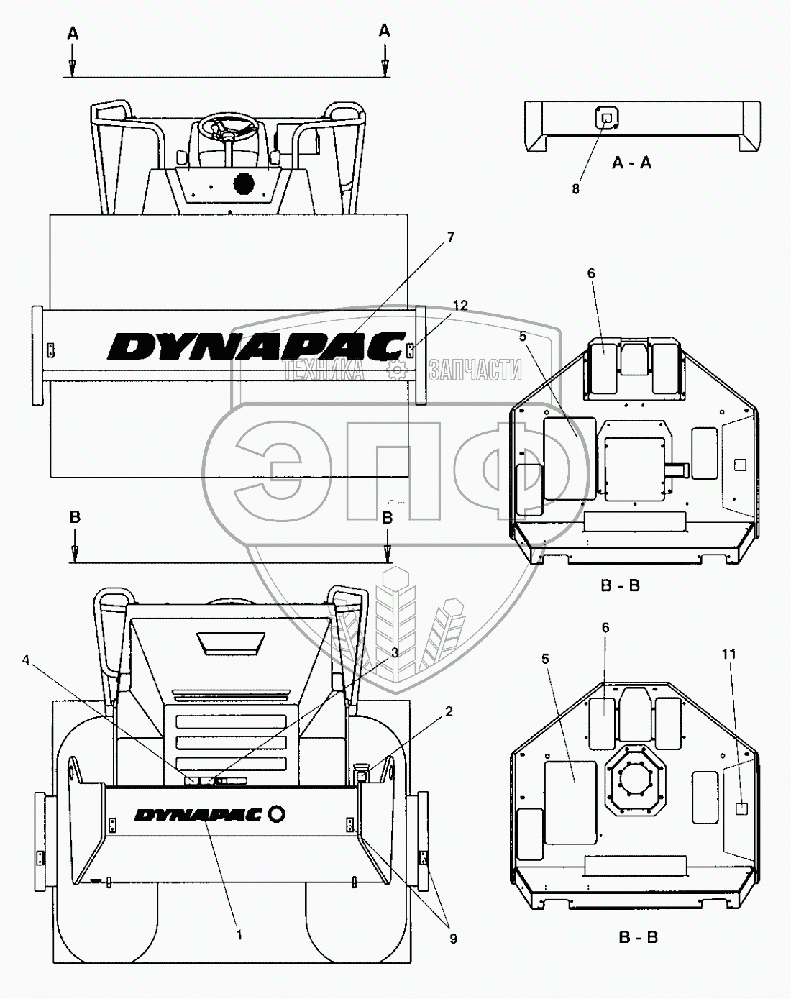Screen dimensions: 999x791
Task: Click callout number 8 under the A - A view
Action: click(x=575, y=188)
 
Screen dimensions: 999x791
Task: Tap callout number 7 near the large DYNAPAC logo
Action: click(x=451, y=237)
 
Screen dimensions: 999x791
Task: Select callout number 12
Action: click(x=460, y=306)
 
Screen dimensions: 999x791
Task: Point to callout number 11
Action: click(x=729, y=654)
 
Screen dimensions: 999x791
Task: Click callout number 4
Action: click(x=27, y=659)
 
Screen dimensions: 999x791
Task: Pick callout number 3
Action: click(x=394, y=652)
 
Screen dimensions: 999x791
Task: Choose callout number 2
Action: click(x=449, y=711)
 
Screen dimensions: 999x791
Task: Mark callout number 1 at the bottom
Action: click(x=239, y=935)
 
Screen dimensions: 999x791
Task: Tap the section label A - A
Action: click(x=631, y=163)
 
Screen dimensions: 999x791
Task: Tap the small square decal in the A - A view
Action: click(x=606, y=117)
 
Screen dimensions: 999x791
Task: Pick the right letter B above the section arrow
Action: click(x=387, y=517)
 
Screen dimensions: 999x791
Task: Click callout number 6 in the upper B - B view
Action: click(x=591, y=273)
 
